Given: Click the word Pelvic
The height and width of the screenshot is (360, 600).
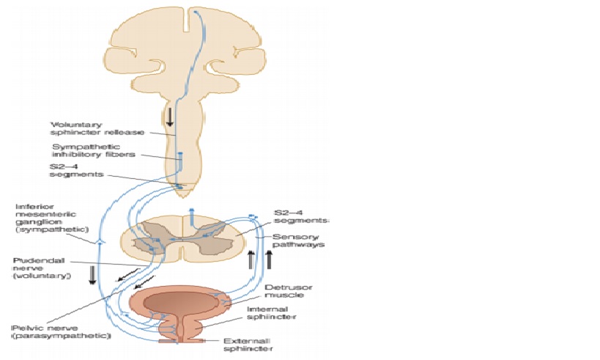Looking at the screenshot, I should tap(26, 327).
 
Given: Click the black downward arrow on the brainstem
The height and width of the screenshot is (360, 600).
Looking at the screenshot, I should tap(170, 116).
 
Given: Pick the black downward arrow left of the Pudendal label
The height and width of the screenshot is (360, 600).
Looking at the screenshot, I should tap(93, 275).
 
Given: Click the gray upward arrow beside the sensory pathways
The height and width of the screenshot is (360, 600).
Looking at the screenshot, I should tap(251, 260).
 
